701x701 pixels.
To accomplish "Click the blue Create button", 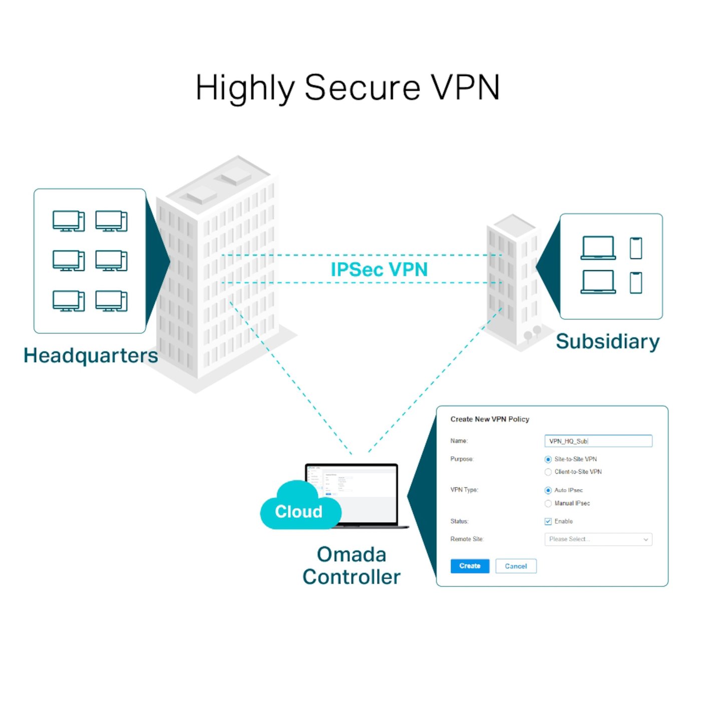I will (469, 566).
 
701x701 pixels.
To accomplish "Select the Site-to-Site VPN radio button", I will (548, 459).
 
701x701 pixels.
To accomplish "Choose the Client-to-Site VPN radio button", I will (548, 472).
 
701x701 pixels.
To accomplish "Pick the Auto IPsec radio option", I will (548, 490).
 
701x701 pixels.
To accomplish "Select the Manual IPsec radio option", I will (548, 503).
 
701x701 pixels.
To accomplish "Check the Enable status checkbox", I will (548, 521).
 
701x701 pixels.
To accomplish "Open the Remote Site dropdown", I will (598, 539).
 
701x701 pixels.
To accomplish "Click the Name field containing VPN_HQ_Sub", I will (598, 441).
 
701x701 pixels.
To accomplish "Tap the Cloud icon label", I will (299, 511).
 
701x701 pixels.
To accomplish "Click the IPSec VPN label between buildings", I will (379, 269).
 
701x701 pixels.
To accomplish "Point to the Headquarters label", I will (91, 356).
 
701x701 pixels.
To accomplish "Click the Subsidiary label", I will (607, 341).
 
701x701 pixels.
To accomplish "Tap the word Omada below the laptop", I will (352, 554).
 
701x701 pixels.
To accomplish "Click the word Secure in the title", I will (362, 88).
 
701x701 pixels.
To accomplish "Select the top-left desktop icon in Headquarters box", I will (69, 221).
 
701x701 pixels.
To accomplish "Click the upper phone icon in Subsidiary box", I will (636, 248).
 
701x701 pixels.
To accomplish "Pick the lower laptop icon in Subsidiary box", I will (598, 282).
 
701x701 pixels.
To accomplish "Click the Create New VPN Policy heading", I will (490, 419).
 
